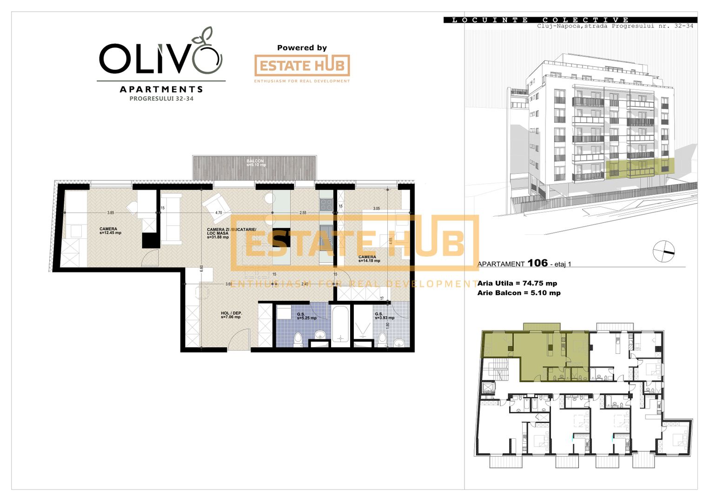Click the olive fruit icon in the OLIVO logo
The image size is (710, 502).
[207, 58]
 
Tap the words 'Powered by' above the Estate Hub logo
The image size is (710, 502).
[302, 47]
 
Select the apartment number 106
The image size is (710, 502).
[537, 263]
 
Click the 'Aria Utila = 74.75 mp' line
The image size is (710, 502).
[517, 283]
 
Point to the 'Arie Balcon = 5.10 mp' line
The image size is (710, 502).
[519, 293]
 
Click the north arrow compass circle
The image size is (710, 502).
[664, 251]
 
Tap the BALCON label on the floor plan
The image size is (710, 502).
[255, 161]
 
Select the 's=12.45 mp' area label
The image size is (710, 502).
[110, 233]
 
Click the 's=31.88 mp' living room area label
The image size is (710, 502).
[218, 237]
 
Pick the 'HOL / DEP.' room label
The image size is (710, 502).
[231, 313]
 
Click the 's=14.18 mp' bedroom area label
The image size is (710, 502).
[369, 261]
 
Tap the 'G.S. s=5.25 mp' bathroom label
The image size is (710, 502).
[306, 316]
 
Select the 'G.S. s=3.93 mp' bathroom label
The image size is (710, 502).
[385, 316]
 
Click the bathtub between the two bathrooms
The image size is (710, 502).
[340, 324]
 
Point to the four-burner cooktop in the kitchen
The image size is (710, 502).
[326, 205]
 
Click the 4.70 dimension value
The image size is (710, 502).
[219, 212]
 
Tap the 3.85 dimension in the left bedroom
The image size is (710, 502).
[111, 212]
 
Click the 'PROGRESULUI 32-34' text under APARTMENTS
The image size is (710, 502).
[161, 99]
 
